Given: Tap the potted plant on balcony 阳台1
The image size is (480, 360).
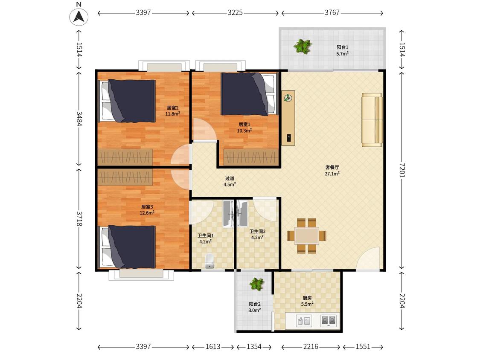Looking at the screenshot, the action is (x=303, y=46).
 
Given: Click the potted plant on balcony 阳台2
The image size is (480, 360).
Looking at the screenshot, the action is (x=256, y=284).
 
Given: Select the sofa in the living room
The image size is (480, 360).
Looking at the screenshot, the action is (x=372, y=120).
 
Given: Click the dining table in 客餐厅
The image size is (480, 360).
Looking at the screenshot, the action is (x=306, y=236).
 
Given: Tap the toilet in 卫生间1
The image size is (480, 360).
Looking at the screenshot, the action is (x=209, y=261).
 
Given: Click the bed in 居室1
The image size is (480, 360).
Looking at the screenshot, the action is (x=249, y=94).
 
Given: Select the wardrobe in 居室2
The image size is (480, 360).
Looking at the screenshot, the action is (x=125, y=157).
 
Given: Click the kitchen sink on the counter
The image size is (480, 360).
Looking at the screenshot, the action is (x=304, y=321).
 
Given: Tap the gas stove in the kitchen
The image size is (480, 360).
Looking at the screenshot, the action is (x=328, y=321).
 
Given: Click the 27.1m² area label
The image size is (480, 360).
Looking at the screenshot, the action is (x=332, y=174).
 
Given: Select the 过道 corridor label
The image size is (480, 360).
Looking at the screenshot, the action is (x=230, y=178).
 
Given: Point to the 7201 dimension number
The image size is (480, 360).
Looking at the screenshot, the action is (x=402, y=170).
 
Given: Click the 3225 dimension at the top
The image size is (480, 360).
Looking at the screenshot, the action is (x=235, y=12).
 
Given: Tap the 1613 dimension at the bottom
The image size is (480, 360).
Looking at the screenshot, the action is (x=213, y=346).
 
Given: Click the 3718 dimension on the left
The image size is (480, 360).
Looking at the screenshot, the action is (x=79, y=218).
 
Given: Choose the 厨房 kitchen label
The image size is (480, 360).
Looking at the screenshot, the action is (x=307, y=298).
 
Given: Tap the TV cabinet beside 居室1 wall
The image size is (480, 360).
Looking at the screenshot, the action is (x=288, y=118).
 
